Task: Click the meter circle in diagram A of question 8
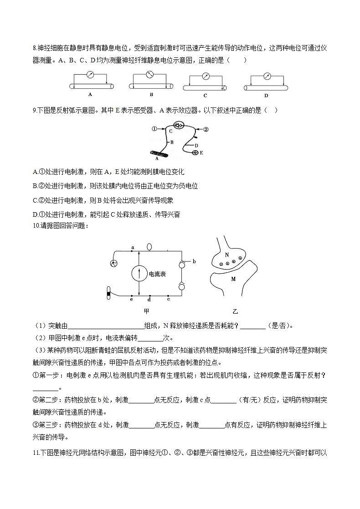coord(90,75)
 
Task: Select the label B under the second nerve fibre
coord(151,95)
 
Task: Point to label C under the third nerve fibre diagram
coord(205,96)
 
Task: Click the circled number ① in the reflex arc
coord(154,129)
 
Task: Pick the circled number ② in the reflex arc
coord(206,129)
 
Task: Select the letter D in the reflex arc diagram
coord(196,145)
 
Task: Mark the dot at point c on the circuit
coord(168,296)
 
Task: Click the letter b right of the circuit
coord(194,261)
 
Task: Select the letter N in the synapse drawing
coord(226,255)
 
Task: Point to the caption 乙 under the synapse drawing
coord(235,311)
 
